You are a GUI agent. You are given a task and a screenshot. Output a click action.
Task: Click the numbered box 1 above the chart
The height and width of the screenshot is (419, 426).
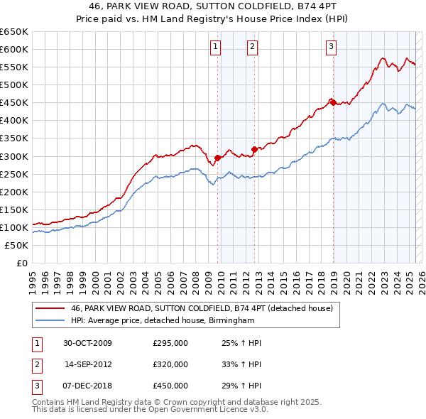pos(215,48)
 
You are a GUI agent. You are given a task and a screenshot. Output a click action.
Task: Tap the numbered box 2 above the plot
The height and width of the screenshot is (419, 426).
pos(252,48)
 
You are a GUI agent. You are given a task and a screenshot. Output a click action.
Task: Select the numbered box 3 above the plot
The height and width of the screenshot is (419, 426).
pos(331,48)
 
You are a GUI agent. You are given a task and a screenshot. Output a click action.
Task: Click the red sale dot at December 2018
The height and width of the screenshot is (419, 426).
pos(332,102)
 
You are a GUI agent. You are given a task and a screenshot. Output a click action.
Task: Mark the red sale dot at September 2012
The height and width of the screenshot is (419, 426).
pos(254,149)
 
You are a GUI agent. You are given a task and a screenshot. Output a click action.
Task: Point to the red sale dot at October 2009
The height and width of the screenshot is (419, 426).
pos(218,158)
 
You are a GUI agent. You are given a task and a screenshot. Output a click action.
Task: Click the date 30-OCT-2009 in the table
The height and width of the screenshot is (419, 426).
pos(87,343)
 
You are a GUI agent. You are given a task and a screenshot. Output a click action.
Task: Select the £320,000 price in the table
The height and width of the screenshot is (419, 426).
pos(170,364)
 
